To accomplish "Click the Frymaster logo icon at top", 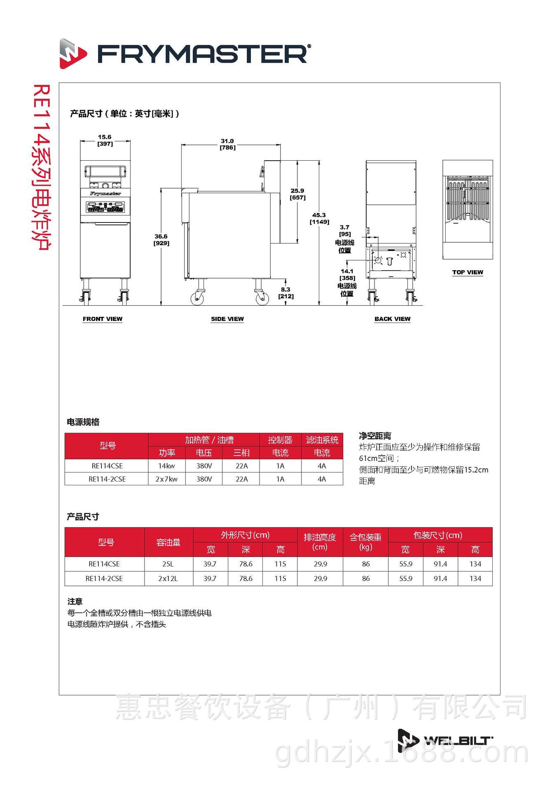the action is [73, 54].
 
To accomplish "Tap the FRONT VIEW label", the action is [103, 319].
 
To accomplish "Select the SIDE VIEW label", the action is [227, 319].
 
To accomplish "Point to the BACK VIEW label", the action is [392, 319].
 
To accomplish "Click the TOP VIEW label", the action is [468, 272].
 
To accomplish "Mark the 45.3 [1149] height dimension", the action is [319, 218].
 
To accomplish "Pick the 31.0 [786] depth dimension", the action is [227, 144].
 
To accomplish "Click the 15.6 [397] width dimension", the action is [105, 140].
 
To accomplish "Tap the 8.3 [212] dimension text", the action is [286, 293].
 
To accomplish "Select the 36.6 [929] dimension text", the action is [161, 240].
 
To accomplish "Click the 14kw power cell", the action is [166, 466].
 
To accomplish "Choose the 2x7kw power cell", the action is [166, 479].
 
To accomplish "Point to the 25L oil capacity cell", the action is [168, 564].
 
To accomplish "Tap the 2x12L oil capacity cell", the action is [168, 578].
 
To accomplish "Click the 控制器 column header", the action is [280, 440].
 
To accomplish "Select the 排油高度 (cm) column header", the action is [320, 542].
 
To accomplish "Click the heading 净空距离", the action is [375, 436].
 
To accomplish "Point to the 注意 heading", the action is [75, 601].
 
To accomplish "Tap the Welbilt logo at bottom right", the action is [445, 741].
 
